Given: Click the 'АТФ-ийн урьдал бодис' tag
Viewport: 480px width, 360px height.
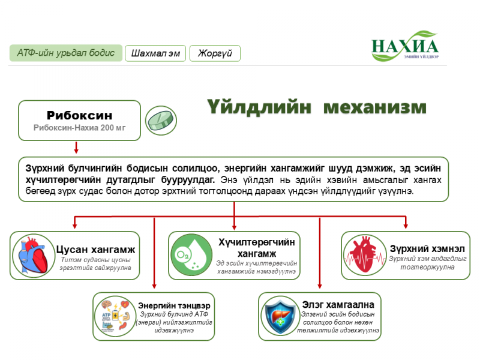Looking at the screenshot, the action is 66,53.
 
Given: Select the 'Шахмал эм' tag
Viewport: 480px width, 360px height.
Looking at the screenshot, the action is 155,53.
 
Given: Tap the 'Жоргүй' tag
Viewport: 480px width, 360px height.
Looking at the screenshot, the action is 215,53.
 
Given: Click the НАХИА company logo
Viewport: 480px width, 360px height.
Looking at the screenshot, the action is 405,46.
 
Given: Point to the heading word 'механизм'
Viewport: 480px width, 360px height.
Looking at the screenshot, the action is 374,107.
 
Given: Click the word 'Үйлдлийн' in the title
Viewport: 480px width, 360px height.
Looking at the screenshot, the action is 259,107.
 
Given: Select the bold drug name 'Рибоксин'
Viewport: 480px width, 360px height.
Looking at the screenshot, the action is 79,115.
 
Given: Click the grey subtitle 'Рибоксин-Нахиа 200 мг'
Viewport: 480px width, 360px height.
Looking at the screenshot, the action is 79,128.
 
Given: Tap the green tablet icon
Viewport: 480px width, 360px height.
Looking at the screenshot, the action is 161,121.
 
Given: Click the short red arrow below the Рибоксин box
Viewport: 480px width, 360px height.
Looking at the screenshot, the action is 76,147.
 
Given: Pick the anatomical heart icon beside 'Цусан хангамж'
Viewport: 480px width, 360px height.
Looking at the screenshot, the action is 33,256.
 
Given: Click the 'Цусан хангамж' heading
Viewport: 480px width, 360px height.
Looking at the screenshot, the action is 95,250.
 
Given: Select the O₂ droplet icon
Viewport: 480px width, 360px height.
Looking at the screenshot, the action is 191,255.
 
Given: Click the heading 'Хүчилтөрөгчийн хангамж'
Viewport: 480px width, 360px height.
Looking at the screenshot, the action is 257,248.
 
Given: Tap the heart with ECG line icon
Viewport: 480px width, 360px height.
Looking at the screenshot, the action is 364,255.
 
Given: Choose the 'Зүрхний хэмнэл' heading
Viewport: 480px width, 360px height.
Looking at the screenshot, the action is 427,248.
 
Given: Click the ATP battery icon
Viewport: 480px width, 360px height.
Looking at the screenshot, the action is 115,316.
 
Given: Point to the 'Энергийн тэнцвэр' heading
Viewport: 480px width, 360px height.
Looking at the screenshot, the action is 174,305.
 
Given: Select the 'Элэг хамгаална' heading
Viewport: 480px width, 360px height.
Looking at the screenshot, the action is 338,305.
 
